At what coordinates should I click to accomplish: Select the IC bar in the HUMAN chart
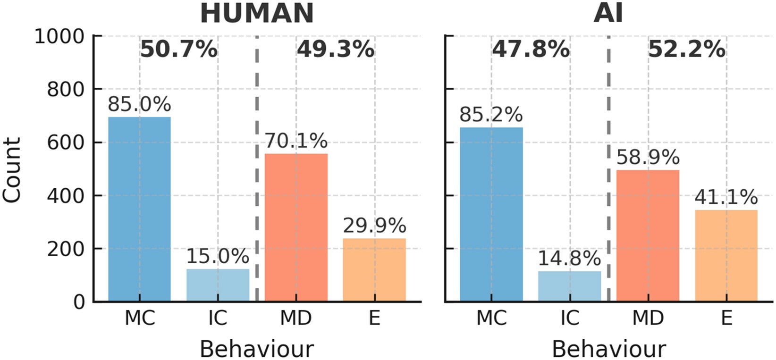[218, 285]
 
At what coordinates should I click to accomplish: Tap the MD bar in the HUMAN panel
[296, 227]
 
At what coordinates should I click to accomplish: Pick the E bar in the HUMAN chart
[374, 269]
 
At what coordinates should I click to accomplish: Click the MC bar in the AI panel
[491, 214]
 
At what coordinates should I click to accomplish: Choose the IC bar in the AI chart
[570, 286]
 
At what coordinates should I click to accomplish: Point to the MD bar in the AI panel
[648, 235]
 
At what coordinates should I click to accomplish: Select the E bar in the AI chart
[726, 255]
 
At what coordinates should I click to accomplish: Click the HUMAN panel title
[257, 13]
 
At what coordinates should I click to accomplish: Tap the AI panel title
[608, 13]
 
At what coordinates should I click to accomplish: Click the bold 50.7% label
[179, 50]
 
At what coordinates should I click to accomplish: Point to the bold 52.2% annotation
[687, 50]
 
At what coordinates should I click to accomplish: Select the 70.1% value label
[296, 141]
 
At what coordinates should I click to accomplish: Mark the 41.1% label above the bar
[726, 197]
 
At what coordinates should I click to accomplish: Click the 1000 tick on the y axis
[59, 36]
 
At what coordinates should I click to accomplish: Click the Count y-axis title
[12, 170]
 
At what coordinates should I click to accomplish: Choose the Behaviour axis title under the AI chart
[608, 350]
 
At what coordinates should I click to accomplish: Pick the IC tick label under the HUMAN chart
[218, 318]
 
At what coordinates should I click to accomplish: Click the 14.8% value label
[570, 259]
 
